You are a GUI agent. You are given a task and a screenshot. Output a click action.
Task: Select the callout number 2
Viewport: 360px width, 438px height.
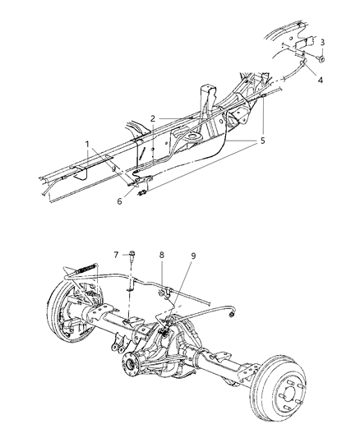[152, 119]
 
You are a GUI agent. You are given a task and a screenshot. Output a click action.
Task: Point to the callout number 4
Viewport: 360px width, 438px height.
[321, 81]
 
